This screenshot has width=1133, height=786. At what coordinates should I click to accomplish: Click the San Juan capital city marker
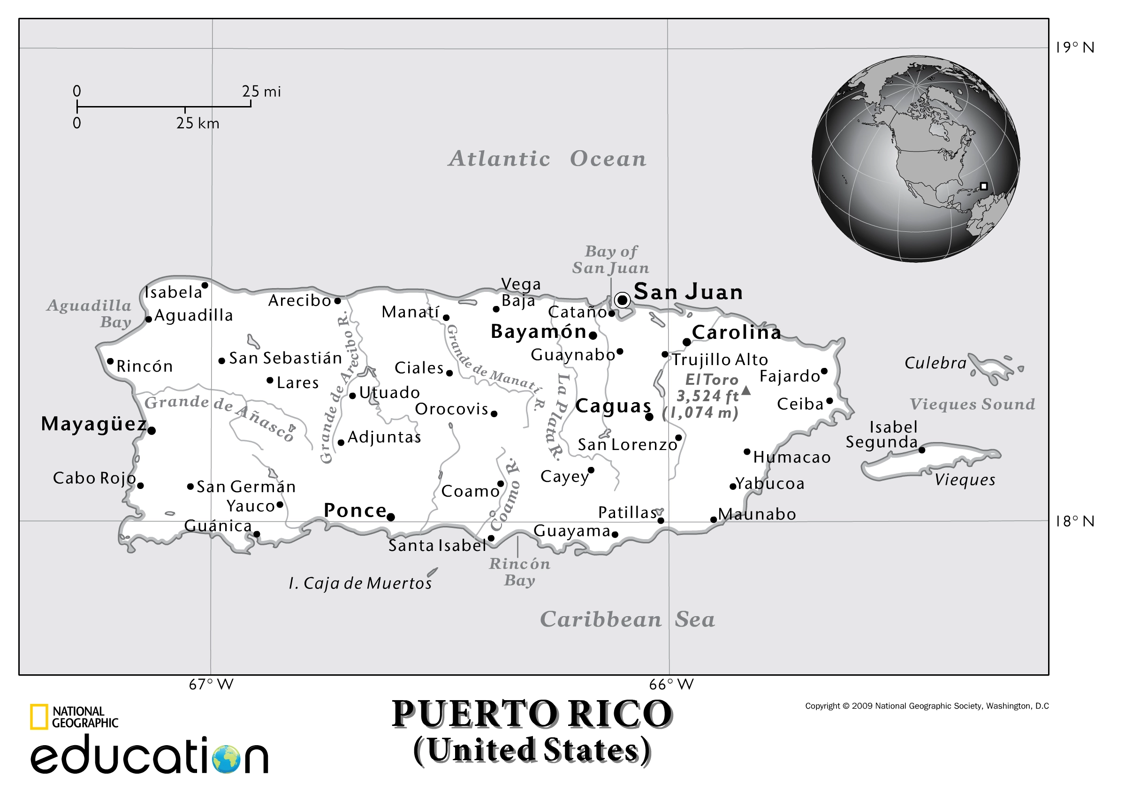623,299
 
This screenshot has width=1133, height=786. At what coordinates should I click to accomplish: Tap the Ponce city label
355,510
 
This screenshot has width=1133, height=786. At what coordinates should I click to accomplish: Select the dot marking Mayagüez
152,430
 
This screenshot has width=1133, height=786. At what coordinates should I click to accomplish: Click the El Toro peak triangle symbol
746,391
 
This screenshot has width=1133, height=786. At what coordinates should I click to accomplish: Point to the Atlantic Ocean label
547,159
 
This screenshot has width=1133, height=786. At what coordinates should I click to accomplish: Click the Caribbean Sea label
627,619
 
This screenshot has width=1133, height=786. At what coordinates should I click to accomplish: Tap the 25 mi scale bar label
261,91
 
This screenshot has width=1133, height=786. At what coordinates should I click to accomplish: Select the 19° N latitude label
1074,47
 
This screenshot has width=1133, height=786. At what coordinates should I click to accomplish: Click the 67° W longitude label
211,684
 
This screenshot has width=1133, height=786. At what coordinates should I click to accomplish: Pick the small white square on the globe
983,186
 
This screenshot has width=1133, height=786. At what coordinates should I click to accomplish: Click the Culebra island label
935,363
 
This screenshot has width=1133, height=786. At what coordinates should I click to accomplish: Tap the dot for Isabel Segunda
922,450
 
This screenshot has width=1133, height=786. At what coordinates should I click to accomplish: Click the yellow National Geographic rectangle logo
39,717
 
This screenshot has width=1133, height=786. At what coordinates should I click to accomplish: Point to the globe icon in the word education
227,759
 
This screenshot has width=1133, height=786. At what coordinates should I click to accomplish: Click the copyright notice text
927,706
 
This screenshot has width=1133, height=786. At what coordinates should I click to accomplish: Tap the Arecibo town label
299,300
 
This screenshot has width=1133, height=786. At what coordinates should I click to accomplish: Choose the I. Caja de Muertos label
360,583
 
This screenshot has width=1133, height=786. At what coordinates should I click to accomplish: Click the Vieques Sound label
972,404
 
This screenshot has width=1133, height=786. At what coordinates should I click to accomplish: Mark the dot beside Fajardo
824,371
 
